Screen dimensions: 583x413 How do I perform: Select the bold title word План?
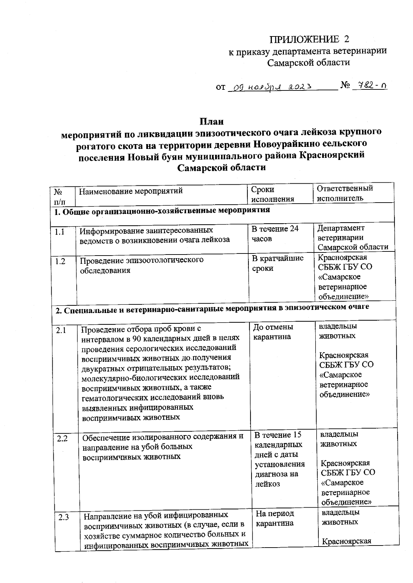212,122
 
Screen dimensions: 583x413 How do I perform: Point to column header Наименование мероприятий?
131,191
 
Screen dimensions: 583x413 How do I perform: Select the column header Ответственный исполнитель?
345,193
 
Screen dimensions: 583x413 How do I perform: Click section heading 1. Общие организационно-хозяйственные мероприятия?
162,210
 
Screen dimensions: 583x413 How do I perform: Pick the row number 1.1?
60,232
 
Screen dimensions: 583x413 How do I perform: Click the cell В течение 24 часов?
275,234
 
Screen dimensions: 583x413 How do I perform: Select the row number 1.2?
60,261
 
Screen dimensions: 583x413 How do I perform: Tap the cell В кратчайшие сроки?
277,263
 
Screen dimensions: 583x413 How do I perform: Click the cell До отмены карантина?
273,332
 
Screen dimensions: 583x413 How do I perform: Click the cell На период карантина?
275,518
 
